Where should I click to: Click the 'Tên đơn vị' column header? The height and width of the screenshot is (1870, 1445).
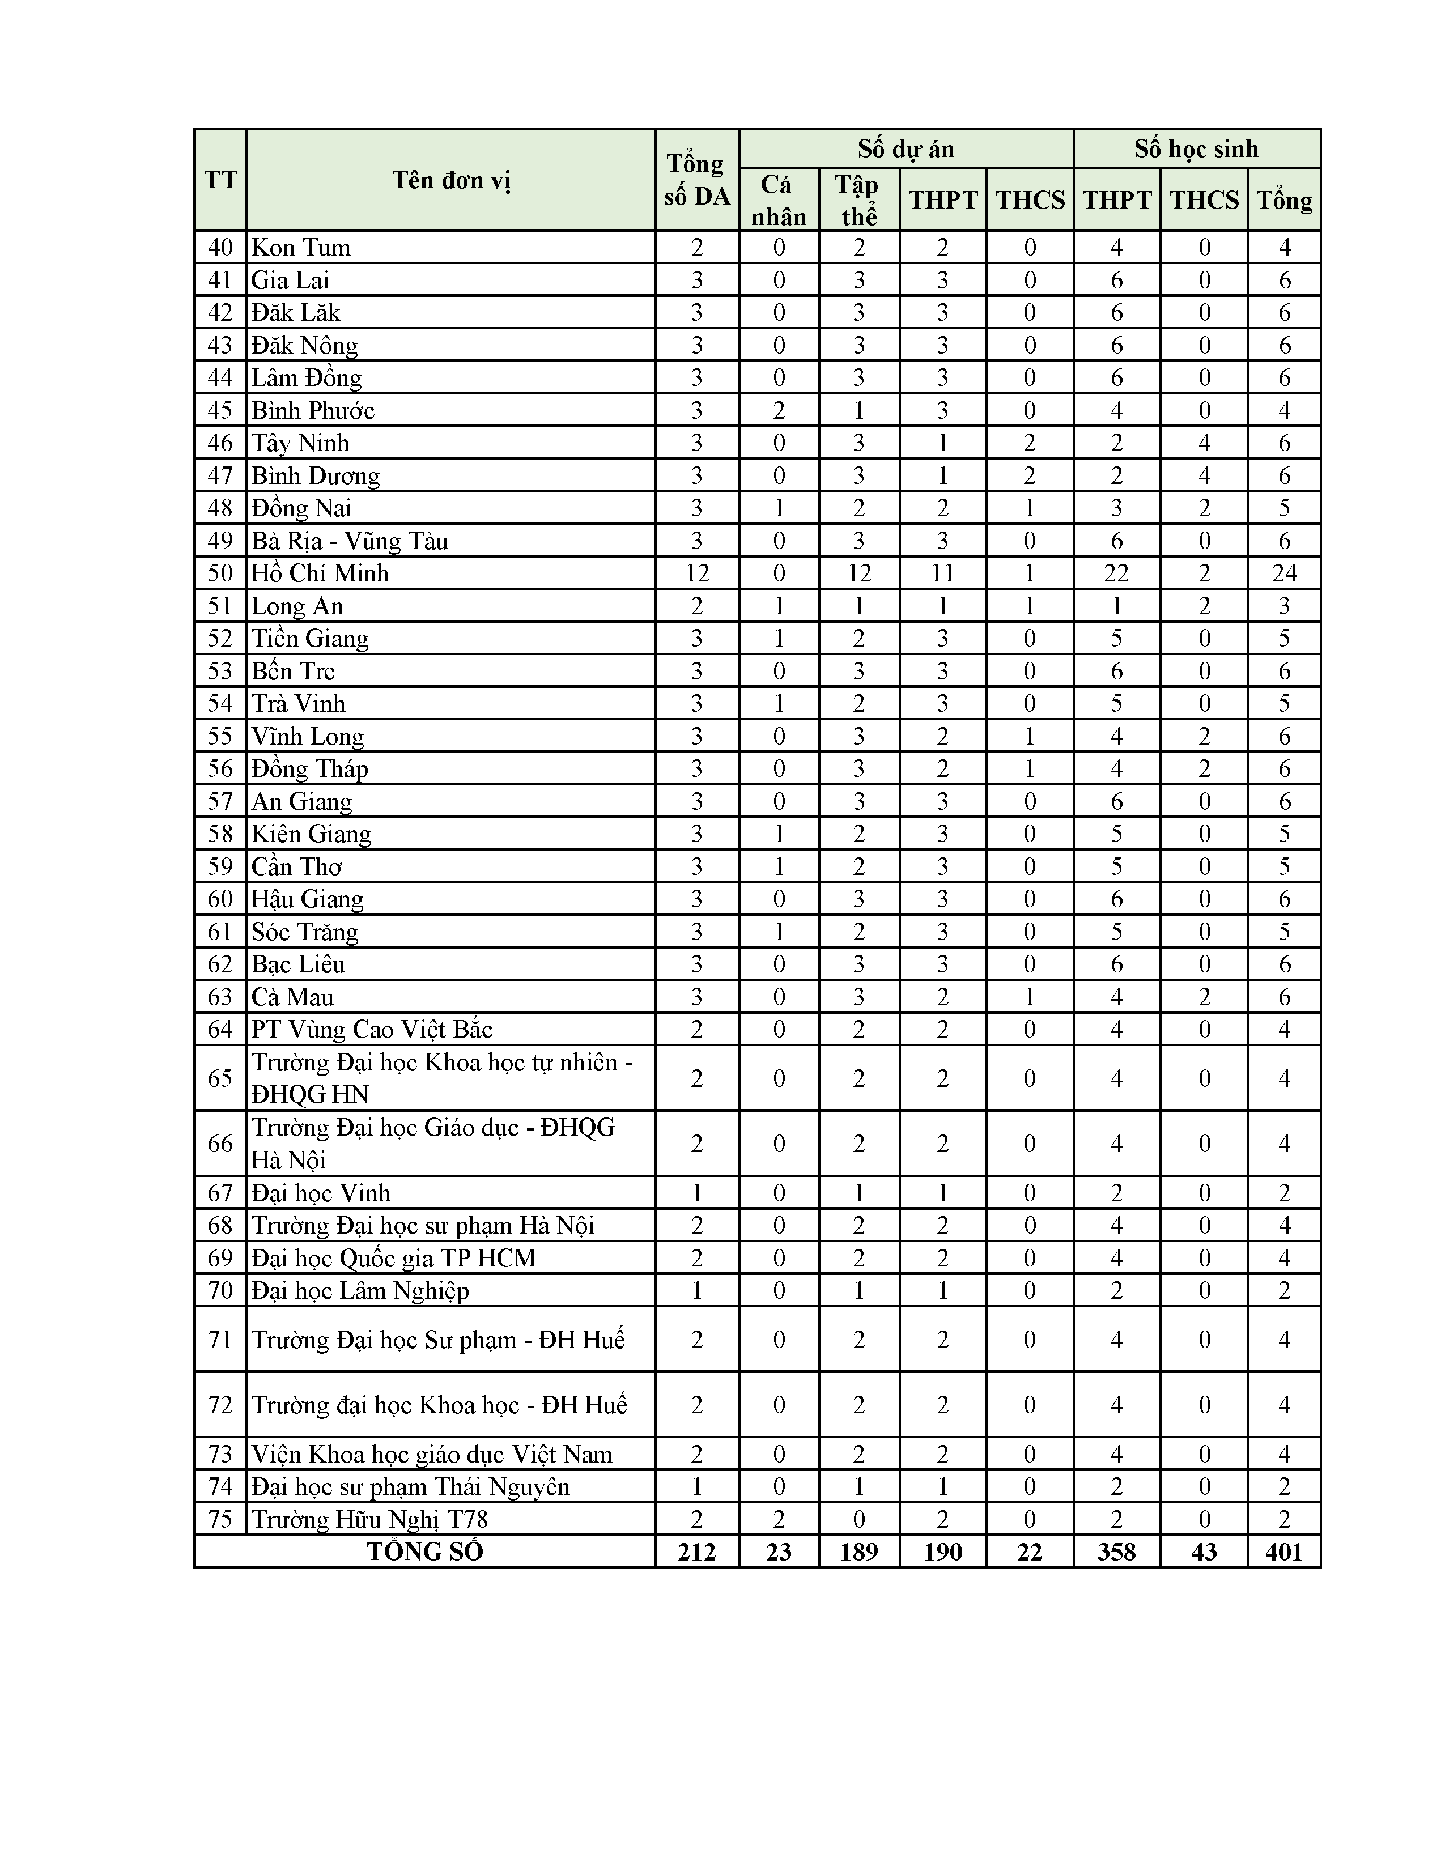click(451, 180)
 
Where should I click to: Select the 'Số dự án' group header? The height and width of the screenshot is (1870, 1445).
click(906, 149)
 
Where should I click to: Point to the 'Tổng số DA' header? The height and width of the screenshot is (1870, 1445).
click(696, 180)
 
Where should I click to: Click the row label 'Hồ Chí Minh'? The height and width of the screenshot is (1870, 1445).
click(320, 573)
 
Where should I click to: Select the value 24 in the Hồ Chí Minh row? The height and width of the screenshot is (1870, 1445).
click(1283, 573)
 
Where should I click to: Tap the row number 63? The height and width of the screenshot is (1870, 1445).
click(220, 997)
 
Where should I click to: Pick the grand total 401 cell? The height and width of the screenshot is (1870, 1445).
click(1283, 1552)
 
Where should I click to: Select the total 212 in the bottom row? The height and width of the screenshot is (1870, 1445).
click(696, 1552)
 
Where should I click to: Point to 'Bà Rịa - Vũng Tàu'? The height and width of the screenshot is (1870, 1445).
click(349, 540)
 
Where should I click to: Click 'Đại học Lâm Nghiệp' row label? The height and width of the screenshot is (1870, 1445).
click(359, 1290)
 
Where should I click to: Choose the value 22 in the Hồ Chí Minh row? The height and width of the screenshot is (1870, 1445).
click(1116, 573)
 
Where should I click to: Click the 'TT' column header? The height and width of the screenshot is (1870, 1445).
click(220, 180)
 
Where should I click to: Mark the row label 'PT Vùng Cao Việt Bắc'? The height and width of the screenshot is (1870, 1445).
click(372, 1029)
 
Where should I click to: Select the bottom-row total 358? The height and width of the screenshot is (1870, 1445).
click(1116, 1552)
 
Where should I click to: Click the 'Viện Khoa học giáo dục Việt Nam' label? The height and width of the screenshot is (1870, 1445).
click(431, 1454)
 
